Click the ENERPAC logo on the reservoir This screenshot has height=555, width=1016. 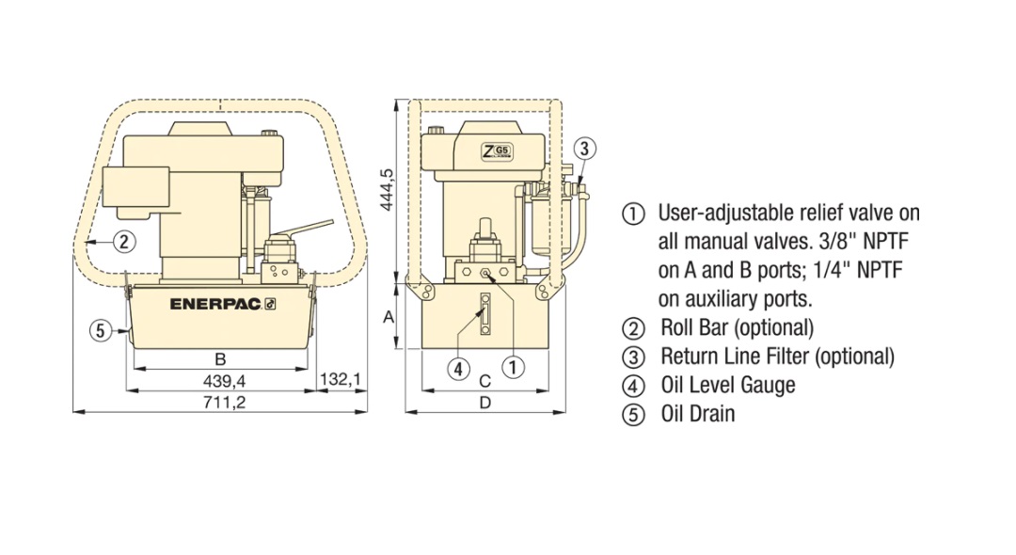click(x=223, y=304)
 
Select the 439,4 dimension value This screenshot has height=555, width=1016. click(x=224, y=381)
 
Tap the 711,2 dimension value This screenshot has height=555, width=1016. click(x=224, y=403)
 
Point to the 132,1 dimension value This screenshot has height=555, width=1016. click(x=341, y=379)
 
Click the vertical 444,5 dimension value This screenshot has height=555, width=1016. click(x=387, y=189)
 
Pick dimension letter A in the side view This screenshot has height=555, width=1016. click(x=389, y=317)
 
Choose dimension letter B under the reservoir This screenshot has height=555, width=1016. click(x=220, y=358)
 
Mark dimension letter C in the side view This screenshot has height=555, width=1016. click(x=484, y=381)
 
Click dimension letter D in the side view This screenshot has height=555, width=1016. click(x=484, y=403)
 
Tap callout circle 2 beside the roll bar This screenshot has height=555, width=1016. click(x=124, y=242)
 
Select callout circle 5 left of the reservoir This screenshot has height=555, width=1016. click(x=100, y=331)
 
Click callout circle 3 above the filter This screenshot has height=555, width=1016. click(x=584, y=149)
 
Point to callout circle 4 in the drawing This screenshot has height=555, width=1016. click(x=459, y=369)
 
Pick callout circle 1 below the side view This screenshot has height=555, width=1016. click(x=513, y=367)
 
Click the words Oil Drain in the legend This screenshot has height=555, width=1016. click(x=698, y=414)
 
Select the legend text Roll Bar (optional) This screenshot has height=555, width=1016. click(x=737, y=327)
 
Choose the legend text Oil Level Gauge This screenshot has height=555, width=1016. click(x=727, y=386)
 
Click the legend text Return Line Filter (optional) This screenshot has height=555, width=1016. click(x=777, y=357)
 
